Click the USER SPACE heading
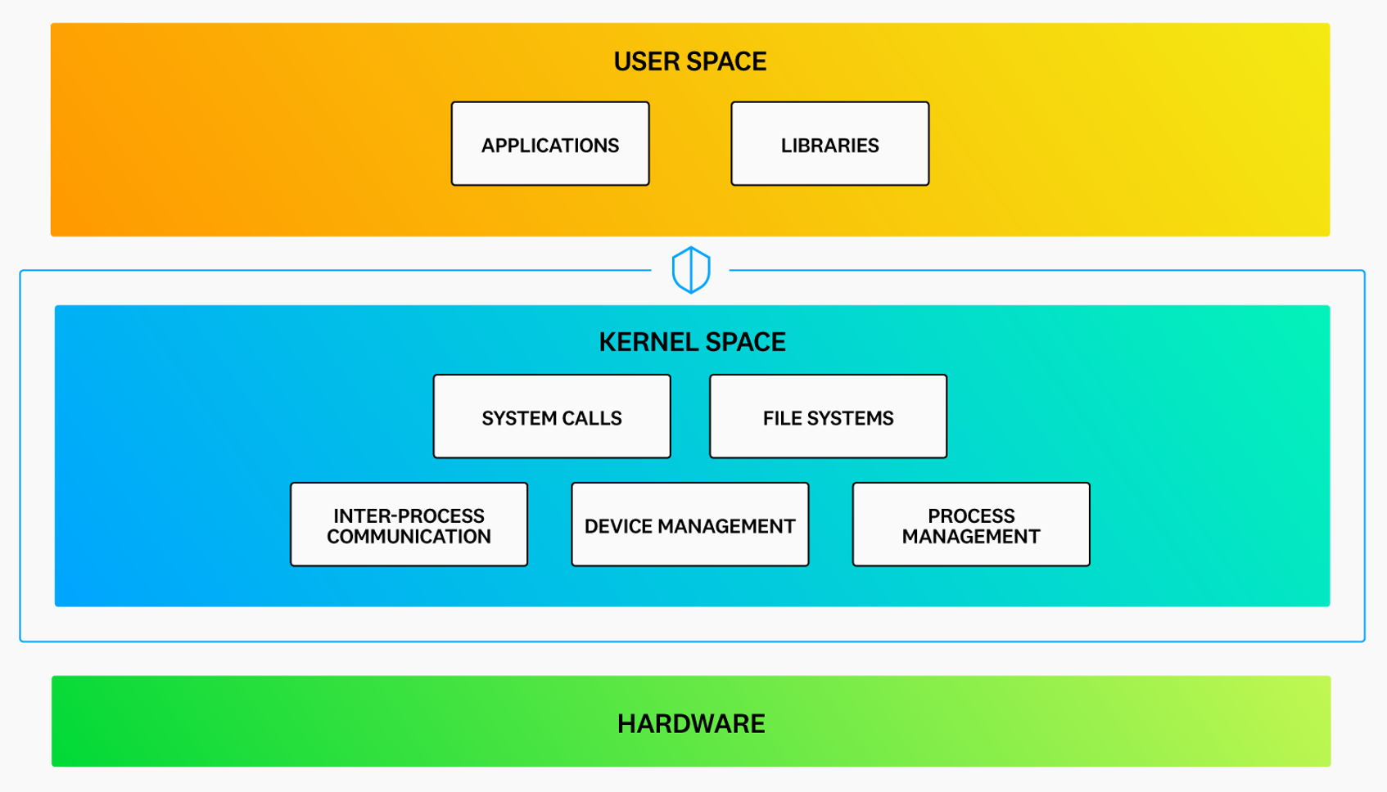pyautogui.click(x=689, y=61)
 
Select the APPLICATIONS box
pyautogui.click(x=549, y=144)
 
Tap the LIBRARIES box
pyautogui.click(x=829, y=144)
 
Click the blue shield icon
pyautogui.click(x=690, y=270)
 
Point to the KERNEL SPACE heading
pyautogui.click(x=692, y=342)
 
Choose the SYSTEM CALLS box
pyautogui.click(x=551, y=416)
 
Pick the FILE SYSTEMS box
pyautogui.click(x=828, y=416)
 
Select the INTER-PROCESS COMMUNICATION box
pyautogui.click(x=409, y=524)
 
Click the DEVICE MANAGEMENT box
pyautogui.click(x=689, y=524)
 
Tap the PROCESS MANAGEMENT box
pyautogui.click(x=970, y=524)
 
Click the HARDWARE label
pyautogui.click(x=690, y=723)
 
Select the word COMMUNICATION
pyautogui.click(x=409, y=537)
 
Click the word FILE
pyautogui.click(x=782, y=418)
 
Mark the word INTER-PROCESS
pyautogui.click(x=409, y=515)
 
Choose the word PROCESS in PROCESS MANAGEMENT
pyautogui.click(x=970, y=515)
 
